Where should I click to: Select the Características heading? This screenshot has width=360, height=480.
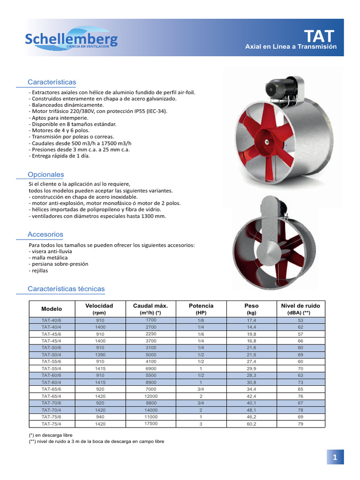(x=52, y=82)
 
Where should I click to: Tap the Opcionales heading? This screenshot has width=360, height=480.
(x=45, y=174)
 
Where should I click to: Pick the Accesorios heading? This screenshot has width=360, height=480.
(x=45, y=234)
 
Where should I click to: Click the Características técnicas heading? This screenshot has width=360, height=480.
(x=66, y=289)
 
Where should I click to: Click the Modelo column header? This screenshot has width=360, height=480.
(x=52, y=308)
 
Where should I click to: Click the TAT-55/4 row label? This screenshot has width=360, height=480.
(x=52, y=368)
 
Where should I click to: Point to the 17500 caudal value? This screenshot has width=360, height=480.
(x=151, y=423)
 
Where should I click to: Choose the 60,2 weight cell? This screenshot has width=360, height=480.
(x=252, y=424)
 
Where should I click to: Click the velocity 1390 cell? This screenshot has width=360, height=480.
(x=100, y=355)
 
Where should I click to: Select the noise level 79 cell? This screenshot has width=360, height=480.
(x=300, y=424)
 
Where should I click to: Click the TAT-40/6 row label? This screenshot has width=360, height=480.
(x=52, y=320)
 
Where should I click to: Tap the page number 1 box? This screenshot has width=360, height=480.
(x=335, y=457)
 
